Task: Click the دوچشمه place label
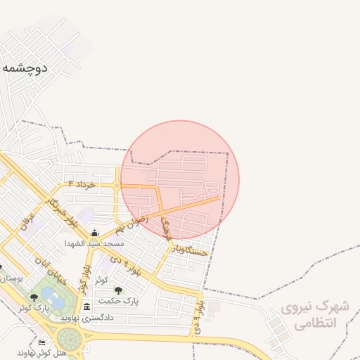tap(25, 67)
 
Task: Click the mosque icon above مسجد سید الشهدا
tap(95, 233)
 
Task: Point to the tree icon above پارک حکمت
tap(117, 290)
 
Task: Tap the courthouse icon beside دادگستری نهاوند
tap(86, 307)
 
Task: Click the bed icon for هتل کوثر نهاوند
tap(42, 343)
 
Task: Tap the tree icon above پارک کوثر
tap(33, 298)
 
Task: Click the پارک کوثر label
tap(33, 308)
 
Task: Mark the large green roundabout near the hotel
tap(69, 338)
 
